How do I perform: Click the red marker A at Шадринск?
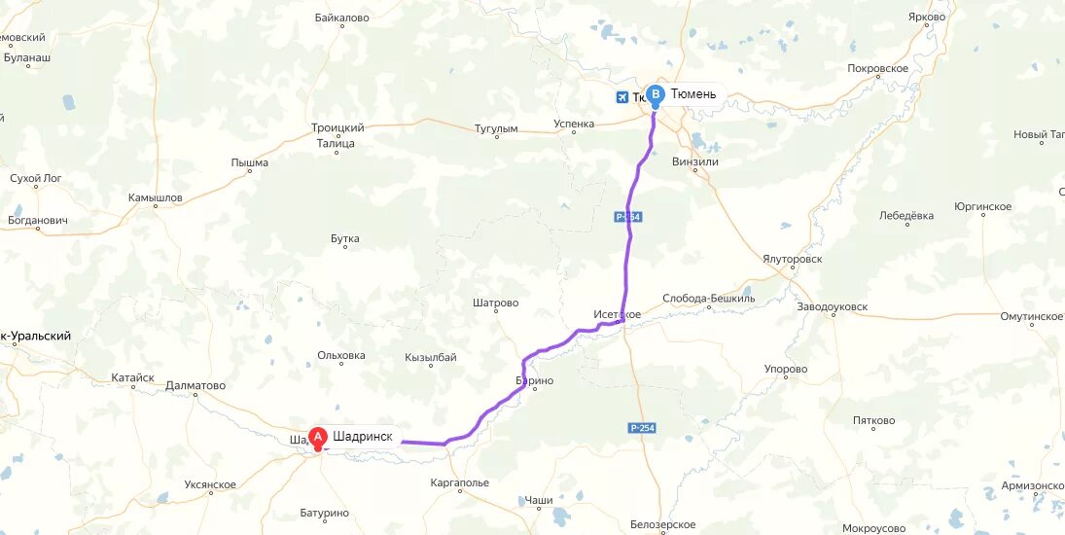pos(317,438)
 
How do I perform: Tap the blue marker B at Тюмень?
pos(656,95)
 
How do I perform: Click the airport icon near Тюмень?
pos(622,97)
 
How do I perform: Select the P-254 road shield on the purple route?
pos(627,217)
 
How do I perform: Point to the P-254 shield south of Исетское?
pos(641,428)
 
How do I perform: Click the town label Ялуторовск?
pos(794,260)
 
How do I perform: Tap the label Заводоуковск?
pos(832,307)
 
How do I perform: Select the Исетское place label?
pos(618,314)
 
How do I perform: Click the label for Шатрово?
pos(495,303)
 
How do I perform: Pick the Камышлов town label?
pos(156,197)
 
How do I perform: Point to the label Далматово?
pos(195,385)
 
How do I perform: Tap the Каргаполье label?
pos(459,482)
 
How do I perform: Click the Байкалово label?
pos(342,18)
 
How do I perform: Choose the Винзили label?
pos(695,161)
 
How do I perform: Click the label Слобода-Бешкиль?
pos(708,299)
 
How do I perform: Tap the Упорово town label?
pos(786,370)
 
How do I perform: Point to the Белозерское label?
pos(662,524)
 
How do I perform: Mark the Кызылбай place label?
pos(431,358)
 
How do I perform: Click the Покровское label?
pos(878,68)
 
